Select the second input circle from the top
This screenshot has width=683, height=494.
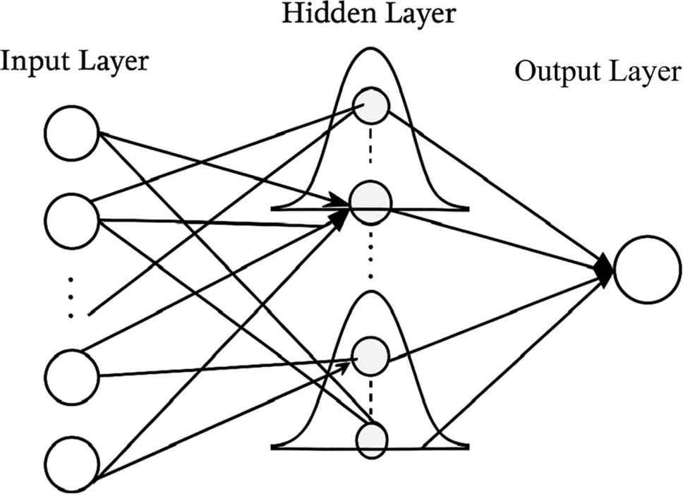(71, 219)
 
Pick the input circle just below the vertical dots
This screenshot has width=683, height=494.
(71, 375)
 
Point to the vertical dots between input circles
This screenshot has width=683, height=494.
(71, 297)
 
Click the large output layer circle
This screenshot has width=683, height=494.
(647, 271)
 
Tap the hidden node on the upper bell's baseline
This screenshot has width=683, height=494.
(370, 203)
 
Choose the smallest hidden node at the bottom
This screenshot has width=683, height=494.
(370, 439)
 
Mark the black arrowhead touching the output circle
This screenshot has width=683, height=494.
(605, 270)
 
